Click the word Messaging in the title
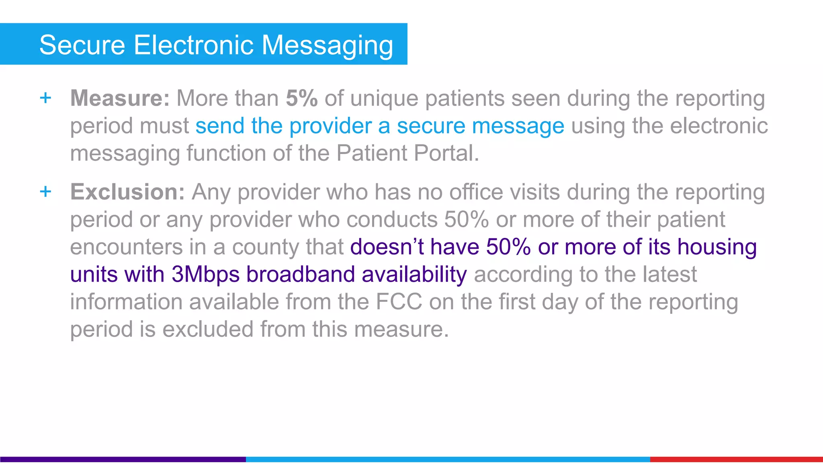pos(327,45)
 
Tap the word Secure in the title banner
pos(82,45)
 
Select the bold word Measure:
pos(120,98)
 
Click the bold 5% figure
pos(301,98)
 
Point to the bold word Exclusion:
pos(127,192)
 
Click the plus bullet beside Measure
pos(46,98)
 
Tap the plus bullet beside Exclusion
pos(46,191)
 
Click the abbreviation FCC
pos(399,301)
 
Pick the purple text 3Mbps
pos(206,274)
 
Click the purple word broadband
pos(301,274)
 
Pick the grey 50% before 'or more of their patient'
pos(467,219)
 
